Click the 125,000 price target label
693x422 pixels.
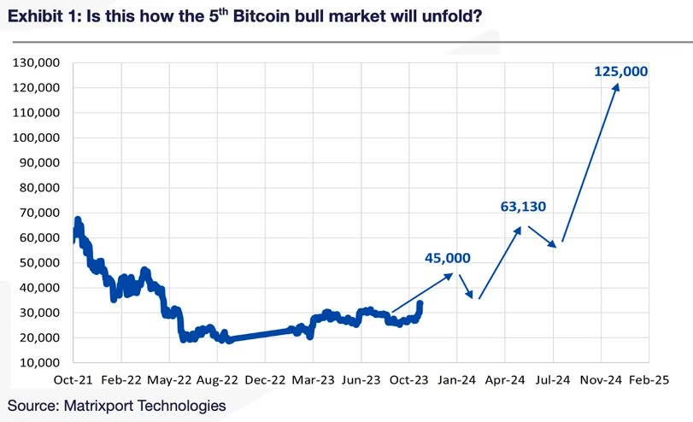point(621,71)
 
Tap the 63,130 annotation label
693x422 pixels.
point(523,206)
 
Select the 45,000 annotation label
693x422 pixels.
point(447,257)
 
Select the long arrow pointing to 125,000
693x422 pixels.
point(590,162)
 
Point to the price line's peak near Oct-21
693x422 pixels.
point(78,220)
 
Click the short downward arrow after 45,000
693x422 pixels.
point(465,285)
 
